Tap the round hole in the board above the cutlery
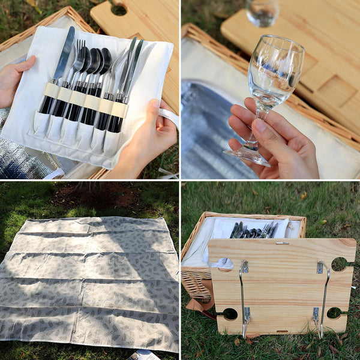pyautogui.click(x=118, y=9)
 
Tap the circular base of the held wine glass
pyautogui.click(x=247, y=156)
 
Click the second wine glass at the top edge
pyautogui.click(x=263, y=12)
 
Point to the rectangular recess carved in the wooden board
pyautogui.click(x=336, y=90)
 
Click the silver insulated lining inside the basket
pyautogui.click(x=207, y=132)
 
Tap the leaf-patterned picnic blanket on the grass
pyautogui.click(x=90, y=282)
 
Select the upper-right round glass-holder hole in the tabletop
pyautogui.click(x=339, y=263)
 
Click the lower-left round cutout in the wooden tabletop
pyautogui.click(x=229, y=313)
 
